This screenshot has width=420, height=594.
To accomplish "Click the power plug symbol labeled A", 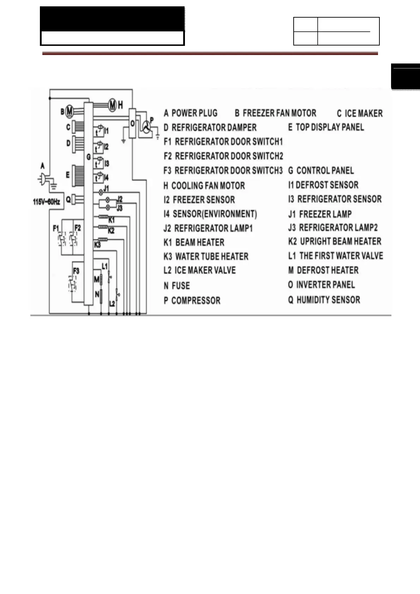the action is [x=43, y=179].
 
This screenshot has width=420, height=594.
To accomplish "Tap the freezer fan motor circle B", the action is [x=70, y=111].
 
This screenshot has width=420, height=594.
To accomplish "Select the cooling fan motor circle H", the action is [x=112, y=105].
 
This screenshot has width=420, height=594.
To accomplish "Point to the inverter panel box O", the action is [x=132, y=123].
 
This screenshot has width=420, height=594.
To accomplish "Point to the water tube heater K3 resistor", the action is [x=103, y=240].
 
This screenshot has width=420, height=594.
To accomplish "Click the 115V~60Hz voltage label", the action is [x=46, y=202].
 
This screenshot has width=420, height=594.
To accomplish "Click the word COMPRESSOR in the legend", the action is [x=196, y=301].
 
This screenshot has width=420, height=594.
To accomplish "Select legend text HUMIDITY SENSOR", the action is [x=328, y=300].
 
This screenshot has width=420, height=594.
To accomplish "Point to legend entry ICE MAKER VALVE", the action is [x=205, y=270].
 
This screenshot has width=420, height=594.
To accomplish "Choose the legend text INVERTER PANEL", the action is [x=325, y=285].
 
